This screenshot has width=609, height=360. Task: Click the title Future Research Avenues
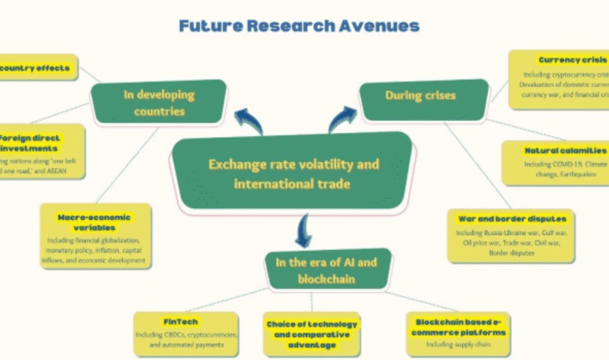[299, 26]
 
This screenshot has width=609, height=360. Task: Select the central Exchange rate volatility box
[293, 174]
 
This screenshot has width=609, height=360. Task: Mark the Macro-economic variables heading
[93, 222]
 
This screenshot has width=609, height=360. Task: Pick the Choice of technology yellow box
[311, 333]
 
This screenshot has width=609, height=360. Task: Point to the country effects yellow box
[36, 68]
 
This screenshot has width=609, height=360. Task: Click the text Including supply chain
[459, 345]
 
